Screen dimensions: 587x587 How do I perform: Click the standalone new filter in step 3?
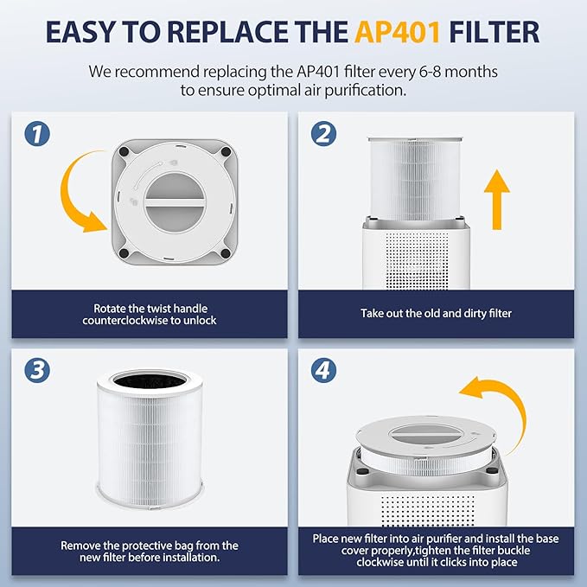[x=149, y=450]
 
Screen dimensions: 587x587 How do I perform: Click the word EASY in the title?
[x=86, y=32]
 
